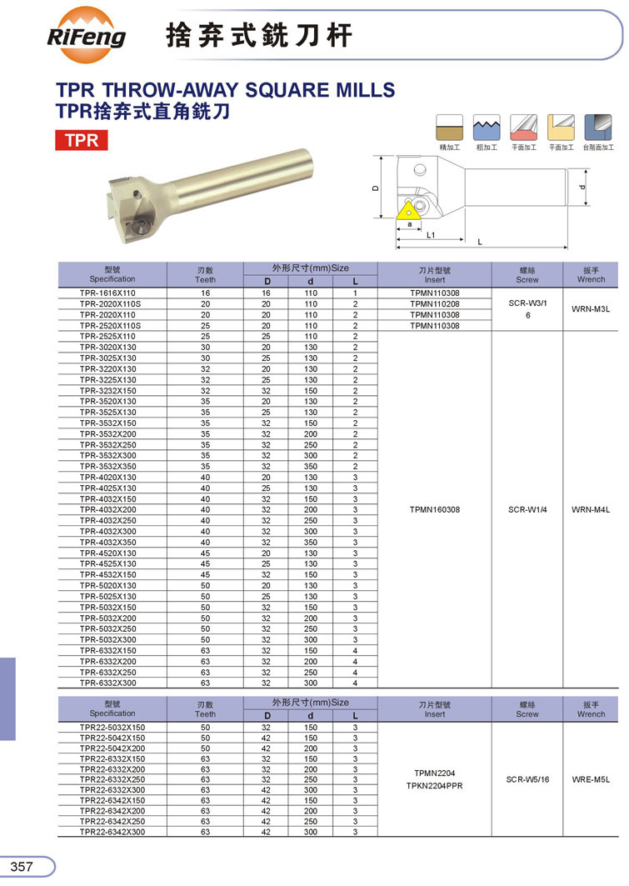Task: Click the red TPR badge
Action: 82,139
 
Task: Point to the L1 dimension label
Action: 430,236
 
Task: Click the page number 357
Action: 22,867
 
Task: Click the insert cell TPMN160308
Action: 434,509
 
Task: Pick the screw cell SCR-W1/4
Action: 527,509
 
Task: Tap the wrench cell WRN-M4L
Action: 591,509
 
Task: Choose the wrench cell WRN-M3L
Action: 591,309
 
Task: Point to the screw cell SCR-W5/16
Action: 527,779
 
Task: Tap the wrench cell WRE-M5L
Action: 591,779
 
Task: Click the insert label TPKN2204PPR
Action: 434,786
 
